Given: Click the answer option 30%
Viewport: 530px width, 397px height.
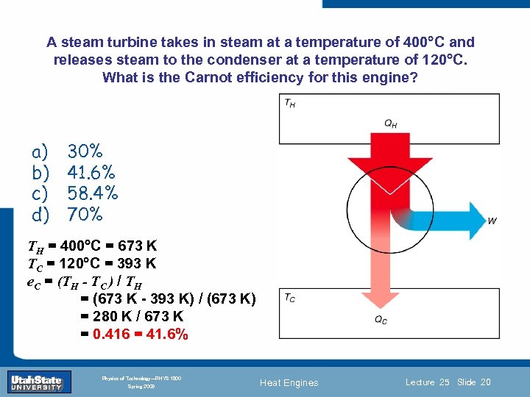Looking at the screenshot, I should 85,151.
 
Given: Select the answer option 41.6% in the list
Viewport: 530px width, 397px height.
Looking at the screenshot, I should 91,173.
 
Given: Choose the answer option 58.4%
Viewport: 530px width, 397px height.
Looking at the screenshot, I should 93,193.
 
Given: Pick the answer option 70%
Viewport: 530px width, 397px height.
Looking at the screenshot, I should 85,215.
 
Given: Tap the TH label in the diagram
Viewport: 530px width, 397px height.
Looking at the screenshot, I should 290,104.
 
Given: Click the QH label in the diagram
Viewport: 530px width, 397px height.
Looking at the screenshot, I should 391,124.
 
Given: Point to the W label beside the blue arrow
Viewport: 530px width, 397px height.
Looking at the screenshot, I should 492,220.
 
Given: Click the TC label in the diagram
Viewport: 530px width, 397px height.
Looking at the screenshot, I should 290,298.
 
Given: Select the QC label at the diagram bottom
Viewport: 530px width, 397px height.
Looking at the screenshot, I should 381,320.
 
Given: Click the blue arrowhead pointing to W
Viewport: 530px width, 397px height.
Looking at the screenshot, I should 472,219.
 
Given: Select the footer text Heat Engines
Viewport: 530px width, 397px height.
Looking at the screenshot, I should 289,382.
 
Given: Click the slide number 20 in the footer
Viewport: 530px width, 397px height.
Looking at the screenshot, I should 485,382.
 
